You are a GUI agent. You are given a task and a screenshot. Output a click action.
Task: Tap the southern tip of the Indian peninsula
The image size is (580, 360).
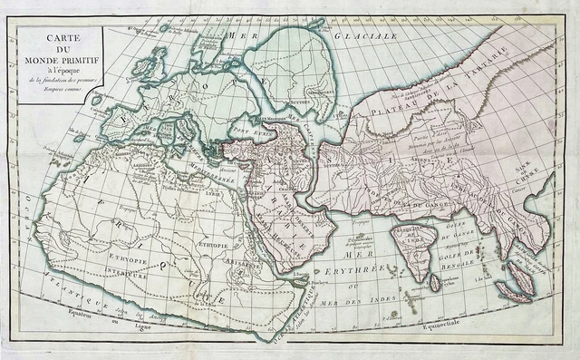pos(420,271)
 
